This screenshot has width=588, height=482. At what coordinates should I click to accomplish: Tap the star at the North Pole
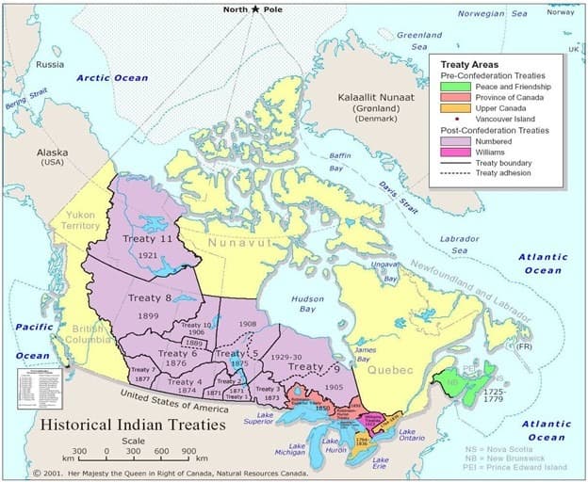(x=254, y=8)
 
